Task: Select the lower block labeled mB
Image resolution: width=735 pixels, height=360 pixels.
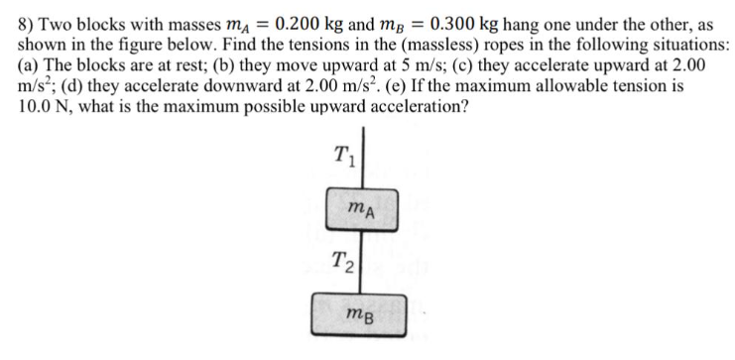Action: coord(361,313)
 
